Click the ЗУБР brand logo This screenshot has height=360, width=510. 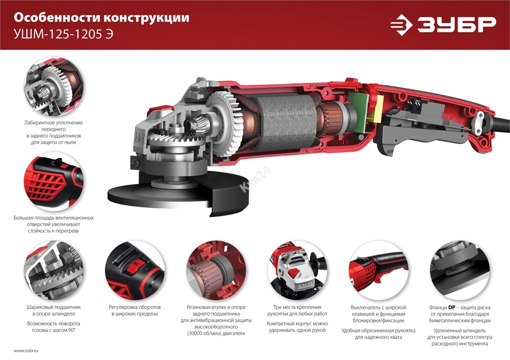[443, 24]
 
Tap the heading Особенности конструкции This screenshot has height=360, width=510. [101, 18]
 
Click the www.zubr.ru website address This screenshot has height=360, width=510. [26, 351]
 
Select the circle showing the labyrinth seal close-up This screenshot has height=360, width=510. [54, 87]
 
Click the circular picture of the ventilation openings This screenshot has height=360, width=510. [54, 182]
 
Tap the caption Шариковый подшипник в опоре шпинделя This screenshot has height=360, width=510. [54, 311]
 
